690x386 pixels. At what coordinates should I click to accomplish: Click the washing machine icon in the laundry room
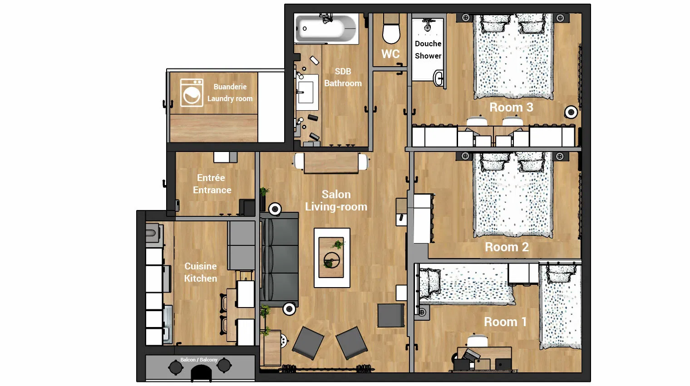192,93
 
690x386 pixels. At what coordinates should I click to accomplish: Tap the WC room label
390,54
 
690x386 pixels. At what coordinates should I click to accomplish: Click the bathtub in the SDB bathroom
326,28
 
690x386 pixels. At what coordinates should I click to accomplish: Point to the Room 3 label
511,107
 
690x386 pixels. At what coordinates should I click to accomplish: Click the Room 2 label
507,247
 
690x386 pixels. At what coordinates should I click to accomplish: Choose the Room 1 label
506,322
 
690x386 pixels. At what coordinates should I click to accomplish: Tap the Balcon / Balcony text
199,360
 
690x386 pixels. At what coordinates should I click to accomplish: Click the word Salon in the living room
336,194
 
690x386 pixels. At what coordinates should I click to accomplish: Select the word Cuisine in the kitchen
201,266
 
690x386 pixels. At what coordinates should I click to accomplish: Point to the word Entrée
211,178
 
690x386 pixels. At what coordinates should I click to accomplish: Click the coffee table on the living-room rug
331,257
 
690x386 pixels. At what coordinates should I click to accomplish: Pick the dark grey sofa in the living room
279,259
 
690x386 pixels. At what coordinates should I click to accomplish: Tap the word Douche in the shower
428,44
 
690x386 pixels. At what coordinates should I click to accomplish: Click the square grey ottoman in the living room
391,315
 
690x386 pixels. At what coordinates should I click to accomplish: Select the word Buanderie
230,87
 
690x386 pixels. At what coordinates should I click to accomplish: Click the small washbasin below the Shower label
439,78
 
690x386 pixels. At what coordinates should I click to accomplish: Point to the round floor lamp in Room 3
571,112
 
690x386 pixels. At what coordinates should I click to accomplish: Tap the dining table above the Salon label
331,162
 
